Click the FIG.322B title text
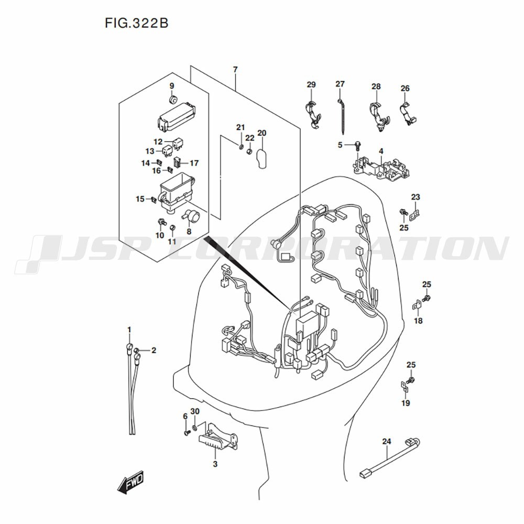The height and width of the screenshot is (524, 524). pos(136,24)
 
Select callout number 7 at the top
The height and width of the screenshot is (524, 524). pos(235,70)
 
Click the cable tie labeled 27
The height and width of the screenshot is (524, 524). pos(341,115)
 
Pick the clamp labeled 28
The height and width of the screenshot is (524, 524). pos(379,116)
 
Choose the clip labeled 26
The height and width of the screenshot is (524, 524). pos(408,113)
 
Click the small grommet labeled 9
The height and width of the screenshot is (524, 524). pos(172,99)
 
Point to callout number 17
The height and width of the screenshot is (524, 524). pos(194,163)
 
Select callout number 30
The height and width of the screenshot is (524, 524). pos(195,411)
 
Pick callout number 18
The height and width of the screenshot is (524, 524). pos(418,321)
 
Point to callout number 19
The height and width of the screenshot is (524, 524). pos(406,403)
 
